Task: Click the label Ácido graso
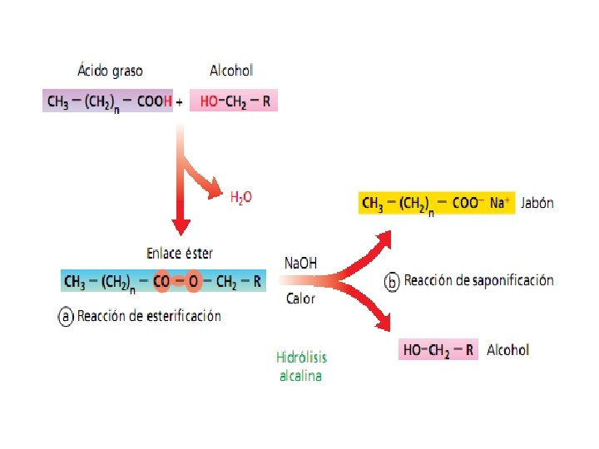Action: tap(111, 72)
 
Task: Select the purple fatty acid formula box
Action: tap(108, 101)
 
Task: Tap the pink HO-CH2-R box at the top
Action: tap(233, 101)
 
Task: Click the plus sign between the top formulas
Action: tap(180, 101)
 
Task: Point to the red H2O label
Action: tap(240, 197)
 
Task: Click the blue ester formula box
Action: tap(163, 282)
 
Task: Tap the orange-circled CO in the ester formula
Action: tap(161, 282)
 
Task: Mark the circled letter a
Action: tap(67, 316)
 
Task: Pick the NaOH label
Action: tap(300, 263)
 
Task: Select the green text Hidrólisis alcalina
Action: tap(301, 366)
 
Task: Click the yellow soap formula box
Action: tap(437, 203)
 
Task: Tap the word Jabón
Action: tap(537, 203)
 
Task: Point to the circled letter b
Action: tap(391, 281)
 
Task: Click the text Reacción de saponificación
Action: tap(478, 281)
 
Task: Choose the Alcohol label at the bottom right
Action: tap(507, 350)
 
